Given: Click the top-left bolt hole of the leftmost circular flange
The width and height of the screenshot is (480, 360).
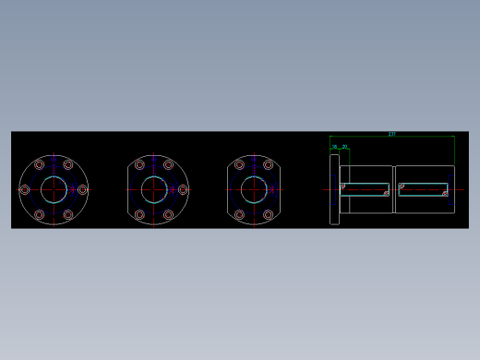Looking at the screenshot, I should click(x=40, y=165).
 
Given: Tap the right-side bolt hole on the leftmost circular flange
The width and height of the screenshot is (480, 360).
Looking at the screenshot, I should click(x=82, y=189).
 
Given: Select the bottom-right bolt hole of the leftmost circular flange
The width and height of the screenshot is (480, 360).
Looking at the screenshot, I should click(x=68, y=214).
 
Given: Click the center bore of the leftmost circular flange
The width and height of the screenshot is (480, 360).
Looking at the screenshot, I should click(x=54, y=189).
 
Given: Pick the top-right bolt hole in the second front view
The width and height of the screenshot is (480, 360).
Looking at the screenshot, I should click(x=168, y=165).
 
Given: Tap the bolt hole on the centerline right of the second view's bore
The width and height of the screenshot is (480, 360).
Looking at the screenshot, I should click(x=183, y=189).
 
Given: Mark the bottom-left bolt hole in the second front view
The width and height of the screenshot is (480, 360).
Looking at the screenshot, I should click(x=139, y=214).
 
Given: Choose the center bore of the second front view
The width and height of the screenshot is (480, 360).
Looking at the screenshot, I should click(x=154, y=189).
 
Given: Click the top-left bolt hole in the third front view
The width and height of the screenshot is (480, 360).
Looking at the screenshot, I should click(x=239, y=165).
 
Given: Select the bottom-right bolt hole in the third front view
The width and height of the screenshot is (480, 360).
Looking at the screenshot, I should click(x=268, y=214).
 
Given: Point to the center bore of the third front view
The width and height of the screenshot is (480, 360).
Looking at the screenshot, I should click(x=254, y=189).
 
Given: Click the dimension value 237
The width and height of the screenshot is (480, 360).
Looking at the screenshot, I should click(x=391, y=135).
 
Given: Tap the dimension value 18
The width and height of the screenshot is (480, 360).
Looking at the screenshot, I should click(x=334, y=147).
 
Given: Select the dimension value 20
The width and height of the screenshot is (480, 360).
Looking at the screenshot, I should click(x=344, y=147).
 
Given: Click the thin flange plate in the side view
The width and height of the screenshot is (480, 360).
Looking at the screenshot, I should click(x=334, y=189).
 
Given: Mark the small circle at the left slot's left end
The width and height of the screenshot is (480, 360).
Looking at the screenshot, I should click(x=343, y=186).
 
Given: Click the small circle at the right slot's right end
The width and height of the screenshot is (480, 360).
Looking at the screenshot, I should click(x=445, y=193).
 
